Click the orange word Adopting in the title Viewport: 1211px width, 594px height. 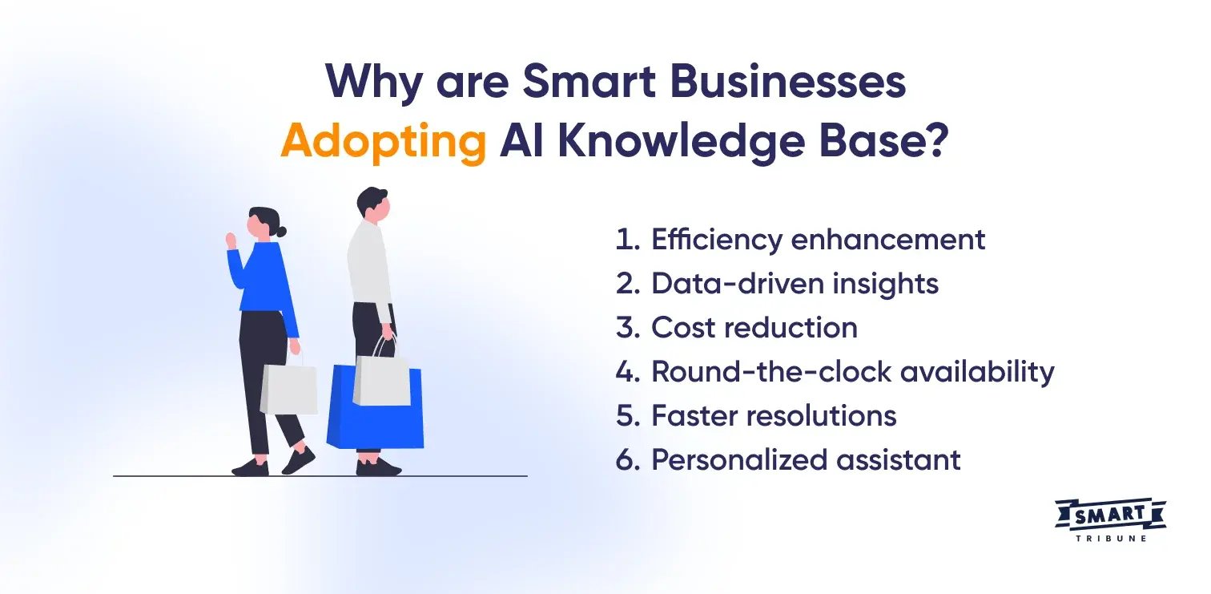383,143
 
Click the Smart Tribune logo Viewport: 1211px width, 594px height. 1110,517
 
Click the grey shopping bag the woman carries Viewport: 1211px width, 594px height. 289,389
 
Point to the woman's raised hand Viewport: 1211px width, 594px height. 231,239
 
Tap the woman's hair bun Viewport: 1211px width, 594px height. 280,232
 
